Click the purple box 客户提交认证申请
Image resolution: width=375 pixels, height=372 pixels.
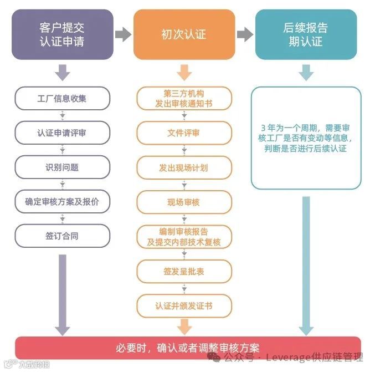62,34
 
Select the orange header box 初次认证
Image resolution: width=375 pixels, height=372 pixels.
183,34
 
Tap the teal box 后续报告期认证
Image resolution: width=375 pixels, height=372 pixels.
305,34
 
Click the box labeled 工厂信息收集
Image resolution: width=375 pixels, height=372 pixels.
62,99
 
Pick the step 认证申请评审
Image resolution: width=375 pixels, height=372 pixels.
62,133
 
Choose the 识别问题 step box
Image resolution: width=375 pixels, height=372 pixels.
62,167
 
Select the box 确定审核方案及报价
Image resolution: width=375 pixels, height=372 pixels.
62,202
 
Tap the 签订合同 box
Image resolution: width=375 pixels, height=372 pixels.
62,236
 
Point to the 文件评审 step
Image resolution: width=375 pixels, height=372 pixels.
183,133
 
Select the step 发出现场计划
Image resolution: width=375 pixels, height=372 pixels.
183,167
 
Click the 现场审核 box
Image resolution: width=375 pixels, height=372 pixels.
183,202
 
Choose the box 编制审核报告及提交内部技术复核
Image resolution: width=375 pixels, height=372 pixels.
183,237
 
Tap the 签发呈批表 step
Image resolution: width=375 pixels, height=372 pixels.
183,271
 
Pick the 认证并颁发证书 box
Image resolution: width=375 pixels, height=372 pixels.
183,305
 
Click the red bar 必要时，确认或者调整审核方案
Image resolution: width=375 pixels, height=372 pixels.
188,348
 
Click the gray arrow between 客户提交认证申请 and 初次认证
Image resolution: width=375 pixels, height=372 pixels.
123,34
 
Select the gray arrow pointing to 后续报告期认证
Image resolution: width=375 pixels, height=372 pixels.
244,34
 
